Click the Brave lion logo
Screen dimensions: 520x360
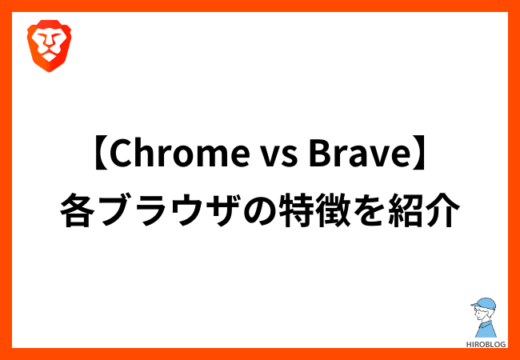click(49, 46)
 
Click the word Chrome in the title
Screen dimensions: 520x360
click(180, 156)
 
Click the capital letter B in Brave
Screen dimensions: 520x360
click(318, 156)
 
